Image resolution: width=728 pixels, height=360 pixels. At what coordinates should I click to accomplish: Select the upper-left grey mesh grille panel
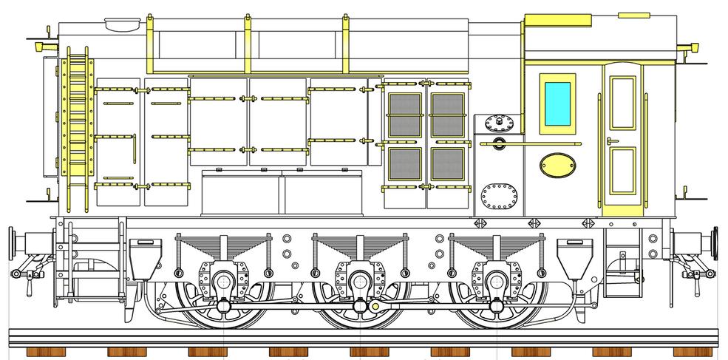(x=405, y=115)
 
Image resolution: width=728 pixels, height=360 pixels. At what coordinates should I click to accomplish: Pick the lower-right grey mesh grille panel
(x=446, y=168)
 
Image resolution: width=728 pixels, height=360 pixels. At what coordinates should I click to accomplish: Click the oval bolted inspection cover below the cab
(x=497, y=197)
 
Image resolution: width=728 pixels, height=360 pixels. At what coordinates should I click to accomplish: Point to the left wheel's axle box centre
(x=221, y=279)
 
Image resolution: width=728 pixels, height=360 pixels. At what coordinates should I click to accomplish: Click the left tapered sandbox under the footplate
(x=144, y=255)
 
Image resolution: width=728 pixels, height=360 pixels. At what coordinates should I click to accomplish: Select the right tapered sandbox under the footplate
(x=570, y=255)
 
